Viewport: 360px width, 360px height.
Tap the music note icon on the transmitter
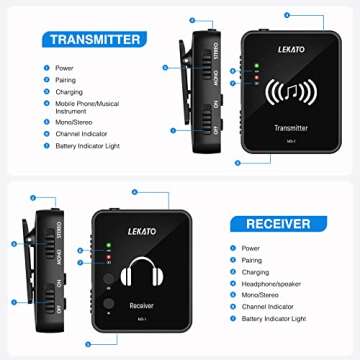pyautogui.click(x=288, y=93)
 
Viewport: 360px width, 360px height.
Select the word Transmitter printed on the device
pyautogui.click(x=290, y=128)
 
